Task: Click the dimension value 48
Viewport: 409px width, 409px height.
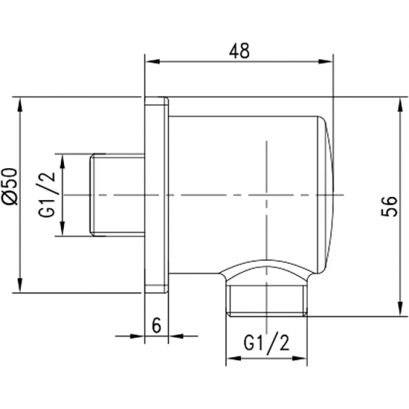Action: [x=239, y=50]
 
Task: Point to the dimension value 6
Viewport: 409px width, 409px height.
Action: [x=155, y=325]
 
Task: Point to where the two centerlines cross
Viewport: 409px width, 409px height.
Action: [x=265, y=195]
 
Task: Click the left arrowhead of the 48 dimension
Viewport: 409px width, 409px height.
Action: [x=149, y=62]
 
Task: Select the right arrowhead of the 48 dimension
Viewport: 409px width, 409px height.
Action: [x=330, y=62]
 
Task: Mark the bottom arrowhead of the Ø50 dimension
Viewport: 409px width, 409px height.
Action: [x=22, y=288]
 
